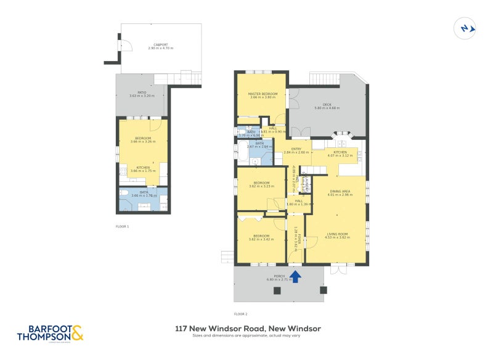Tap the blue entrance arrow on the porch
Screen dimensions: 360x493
(295, 276)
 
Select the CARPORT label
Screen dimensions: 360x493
(161, 44)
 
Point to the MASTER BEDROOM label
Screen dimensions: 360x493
(263, 94)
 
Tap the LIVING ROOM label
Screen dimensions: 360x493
(337, 234)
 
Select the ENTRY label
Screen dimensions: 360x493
(296, 149)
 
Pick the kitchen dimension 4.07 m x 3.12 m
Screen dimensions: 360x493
(341, 155)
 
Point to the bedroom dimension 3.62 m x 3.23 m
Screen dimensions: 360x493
(261, 186)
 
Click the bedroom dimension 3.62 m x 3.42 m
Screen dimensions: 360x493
(261, 239)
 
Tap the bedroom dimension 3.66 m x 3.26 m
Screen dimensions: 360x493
(144, 142)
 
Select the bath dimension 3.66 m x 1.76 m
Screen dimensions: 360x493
(144, 195)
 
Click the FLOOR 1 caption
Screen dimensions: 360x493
(123, 226)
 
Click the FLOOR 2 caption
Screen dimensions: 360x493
(241, 314)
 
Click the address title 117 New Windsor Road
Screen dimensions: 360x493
(248, 329)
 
